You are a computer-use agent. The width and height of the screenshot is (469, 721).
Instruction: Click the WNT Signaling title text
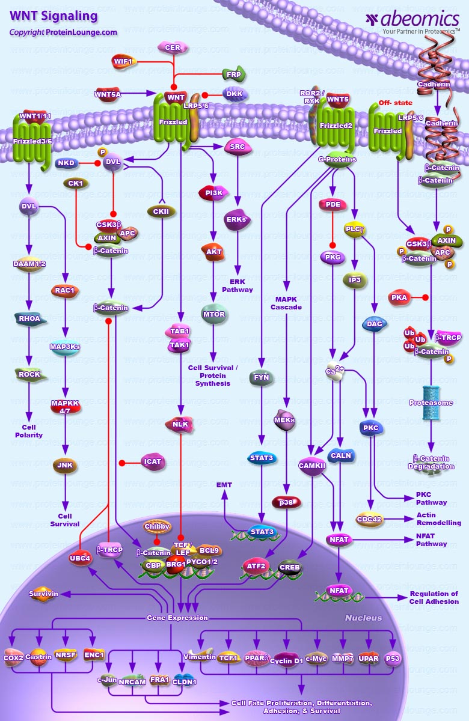(x=53, y=16)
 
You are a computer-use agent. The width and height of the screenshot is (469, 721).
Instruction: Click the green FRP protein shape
(x=233, y=74)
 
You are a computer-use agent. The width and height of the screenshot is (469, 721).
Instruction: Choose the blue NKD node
(x=66, y=163)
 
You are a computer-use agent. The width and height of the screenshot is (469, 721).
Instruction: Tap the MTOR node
(x=213, y=314)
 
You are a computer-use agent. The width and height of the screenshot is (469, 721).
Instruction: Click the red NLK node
(x=180, y=424)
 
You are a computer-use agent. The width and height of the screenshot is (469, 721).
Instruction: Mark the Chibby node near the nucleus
(x=157, y=527)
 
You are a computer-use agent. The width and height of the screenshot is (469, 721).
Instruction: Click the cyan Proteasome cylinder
(x=431, y=403)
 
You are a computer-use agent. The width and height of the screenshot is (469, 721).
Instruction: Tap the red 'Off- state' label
(x=395, y=103)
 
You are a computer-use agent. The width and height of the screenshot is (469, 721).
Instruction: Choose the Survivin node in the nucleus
(x=44, y=594)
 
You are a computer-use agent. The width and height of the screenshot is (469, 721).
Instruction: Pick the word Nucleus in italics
(x=363, y=618)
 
